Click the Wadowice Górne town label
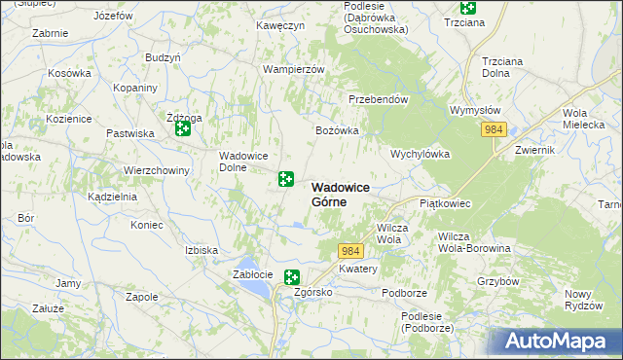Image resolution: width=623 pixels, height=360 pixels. (x=343, y=195)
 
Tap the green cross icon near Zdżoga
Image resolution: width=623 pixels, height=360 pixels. (x=182, y=127)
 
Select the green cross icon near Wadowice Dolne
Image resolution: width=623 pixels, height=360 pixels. (x=286, y=178)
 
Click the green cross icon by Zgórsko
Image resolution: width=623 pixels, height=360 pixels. (x=291, y=277)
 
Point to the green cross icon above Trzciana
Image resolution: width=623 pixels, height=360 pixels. (x=467, y=6)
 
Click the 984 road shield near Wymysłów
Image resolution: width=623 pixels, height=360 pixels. (x=495, y=129)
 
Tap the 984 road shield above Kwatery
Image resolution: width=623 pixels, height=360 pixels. (x=351, y=251)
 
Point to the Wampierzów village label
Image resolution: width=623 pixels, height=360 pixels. (x=293, y=70)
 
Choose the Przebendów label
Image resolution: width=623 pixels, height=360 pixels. (x=378, y=99)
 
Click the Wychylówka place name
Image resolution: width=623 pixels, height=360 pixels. (x=420, y=154)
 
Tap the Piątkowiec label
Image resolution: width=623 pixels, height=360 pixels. (x=445, y=204)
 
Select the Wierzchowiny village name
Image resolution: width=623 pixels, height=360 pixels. (x=156, y=169)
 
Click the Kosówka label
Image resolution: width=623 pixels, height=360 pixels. (x=69, y=74)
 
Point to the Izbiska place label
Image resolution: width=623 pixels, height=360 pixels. (x=202, y=250)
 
